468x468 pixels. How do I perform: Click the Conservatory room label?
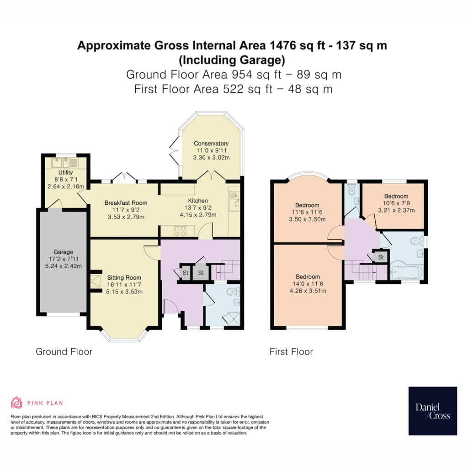point(211,144)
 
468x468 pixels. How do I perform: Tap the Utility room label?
point(65,172)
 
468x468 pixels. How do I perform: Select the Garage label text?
point(63,252)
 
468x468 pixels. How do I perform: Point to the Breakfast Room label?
point(126,202)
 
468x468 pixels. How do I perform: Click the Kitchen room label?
point(198,201)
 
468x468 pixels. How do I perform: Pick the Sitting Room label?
point(124,277)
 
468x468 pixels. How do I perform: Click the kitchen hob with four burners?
point(180,231)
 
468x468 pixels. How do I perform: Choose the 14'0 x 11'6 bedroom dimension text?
point(308,284)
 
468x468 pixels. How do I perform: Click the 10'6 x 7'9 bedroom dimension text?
point(396,203)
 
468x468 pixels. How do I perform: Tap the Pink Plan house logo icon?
point(16,403)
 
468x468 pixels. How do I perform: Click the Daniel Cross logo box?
point(433,411)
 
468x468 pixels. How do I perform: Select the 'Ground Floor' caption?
point(64,351)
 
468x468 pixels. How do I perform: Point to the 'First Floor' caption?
point(291,351)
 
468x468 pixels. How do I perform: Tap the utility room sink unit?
point(65,163)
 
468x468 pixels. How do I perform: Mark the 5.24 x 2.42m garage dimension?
point(63,266)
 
